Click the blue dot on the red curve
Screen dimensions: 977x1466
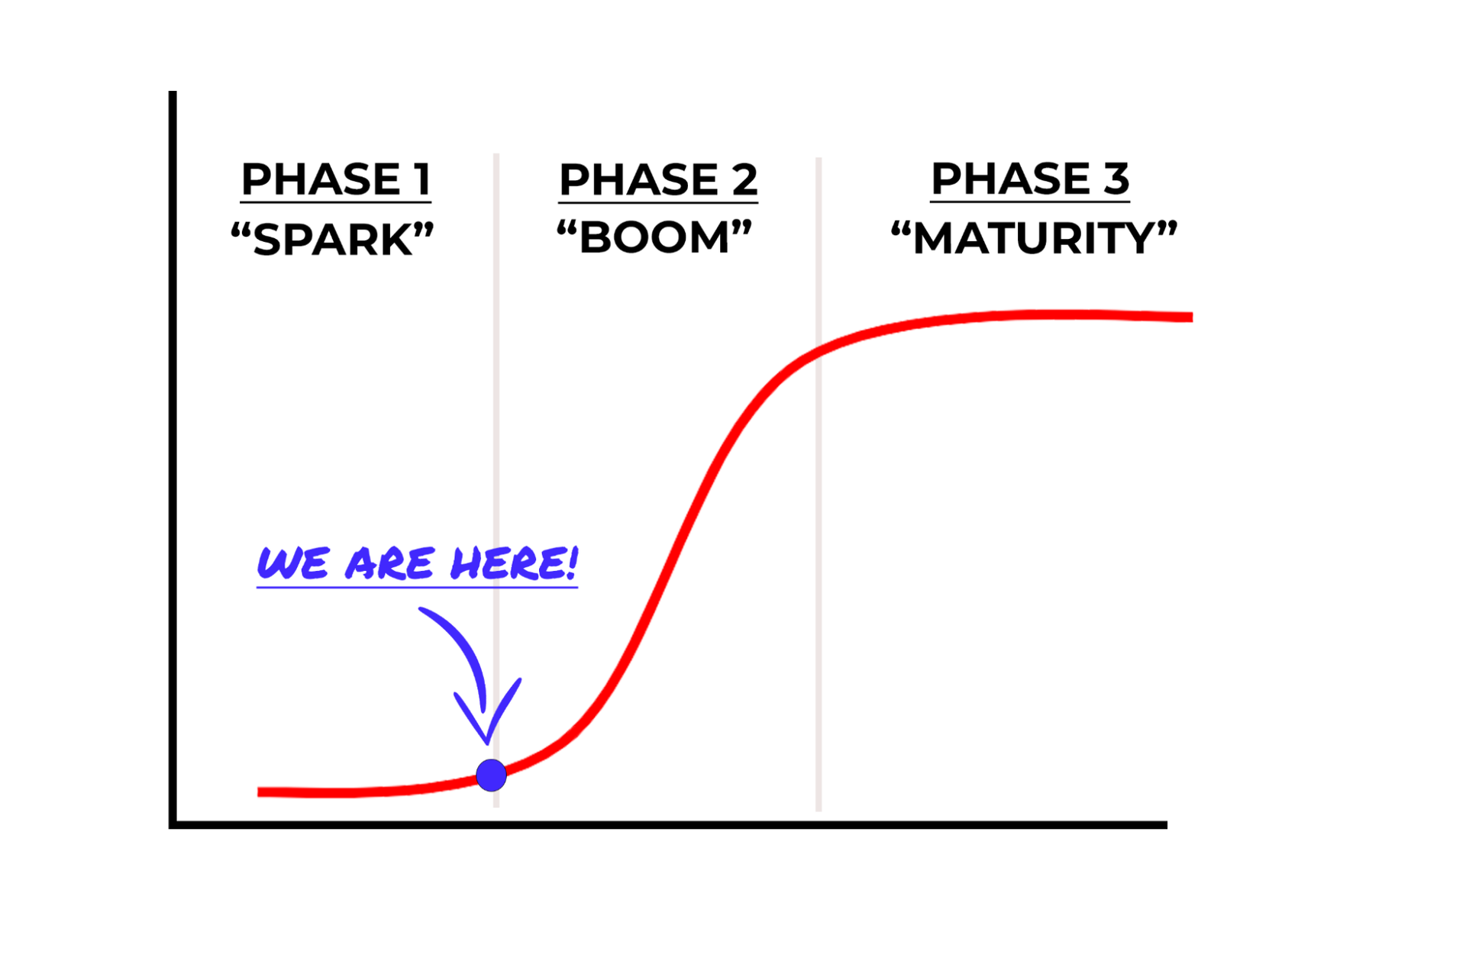(491, 775)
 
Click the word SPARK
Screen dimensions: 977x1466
(332, 240)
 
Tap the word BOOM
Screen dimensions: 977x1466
(654, 237)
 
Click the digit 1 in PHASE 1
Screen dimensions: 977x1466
(421, 179)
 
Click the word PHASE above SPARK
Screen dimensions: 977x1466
(321, 179)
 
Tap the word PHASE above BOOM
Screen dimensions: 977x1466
(639, 179)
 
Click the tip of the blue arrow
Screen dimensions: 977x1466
(487, 742)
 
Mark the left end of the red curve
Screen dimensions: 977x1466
(260, 792)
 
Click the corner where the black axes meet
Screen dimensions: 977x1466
(173, 824)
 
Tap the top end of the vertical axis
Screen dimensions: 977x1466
(173, 94)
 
